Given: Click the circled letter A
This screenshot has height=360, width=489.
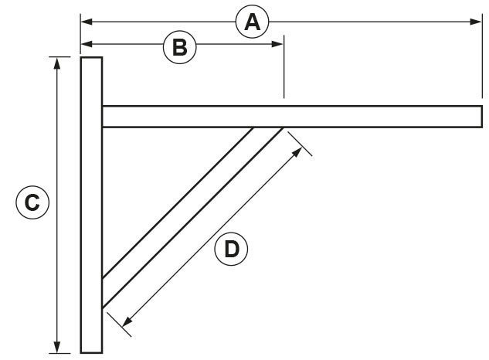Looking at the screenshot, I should [251, 22].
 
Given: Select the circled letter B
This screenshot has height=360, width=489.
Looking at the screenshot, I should [179, 47].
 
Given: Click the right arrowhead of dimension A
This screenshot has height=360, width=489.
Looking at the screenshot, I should [477, 22].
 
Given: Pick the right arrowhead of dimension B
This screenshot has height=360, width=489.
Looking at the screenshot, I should [279, 44].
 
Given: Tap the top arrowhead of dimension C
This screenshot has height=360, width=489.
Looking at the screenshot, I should [56, 63].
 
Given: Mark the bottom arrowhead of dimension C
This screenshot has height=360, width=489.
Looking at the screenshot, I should [56, 348].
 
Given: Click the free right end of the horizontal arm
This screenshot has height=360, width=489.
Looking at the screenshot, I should [481, 116].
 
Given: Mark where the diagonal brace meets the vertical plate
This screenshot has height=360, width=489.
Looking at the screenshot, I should [103, 294].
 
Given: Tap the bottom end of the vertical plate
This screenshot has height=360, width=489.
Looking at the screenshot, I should [91, 352].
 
